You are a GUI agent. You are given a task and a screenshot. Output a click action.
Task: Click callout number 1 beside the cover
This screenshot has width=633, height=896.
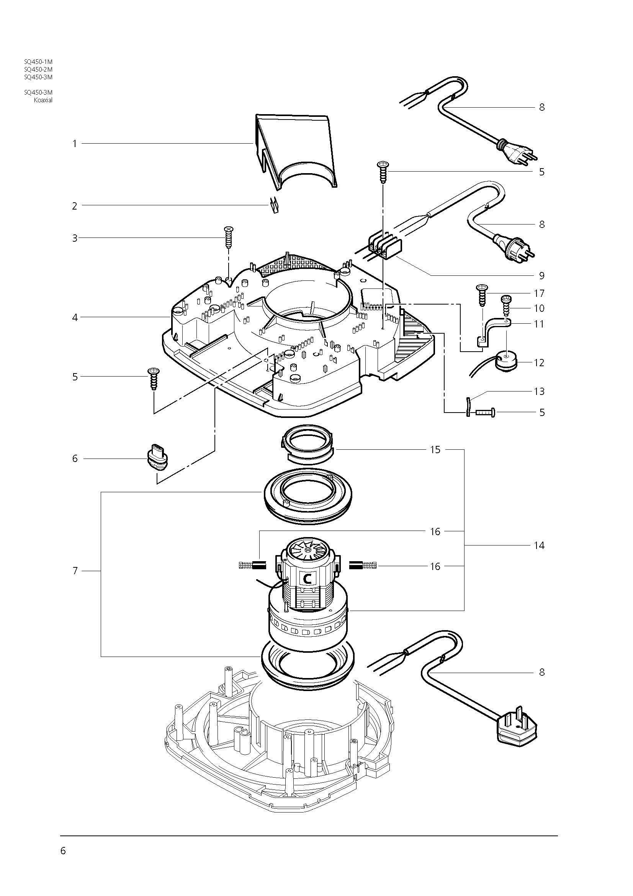(75, 144)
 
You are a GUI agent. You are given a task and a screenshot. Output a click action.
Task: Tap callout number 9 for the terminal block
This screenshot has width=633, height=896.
(541, 275)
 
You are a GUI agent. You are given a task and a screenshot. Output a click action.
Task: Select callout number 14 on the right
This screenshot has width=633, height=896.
(539, 545)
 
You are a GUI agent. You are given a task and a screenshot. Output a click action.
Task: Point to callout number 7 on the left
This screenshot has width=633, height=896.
(75, 571)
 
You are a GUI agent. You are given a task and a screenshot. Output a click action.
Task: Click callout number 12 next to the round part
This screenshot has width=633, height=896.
(539, 362)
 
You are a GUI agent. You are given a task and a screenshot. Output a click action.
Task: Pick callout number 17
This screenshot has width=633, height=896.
(539, 293)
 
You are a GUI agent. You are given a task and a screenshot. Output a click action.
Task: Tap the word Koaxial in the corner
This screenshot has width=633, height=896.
(43, 100)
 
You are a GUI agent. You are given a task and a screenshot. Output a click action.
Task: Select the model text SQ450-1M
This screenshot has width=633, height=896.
(38, 62)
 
